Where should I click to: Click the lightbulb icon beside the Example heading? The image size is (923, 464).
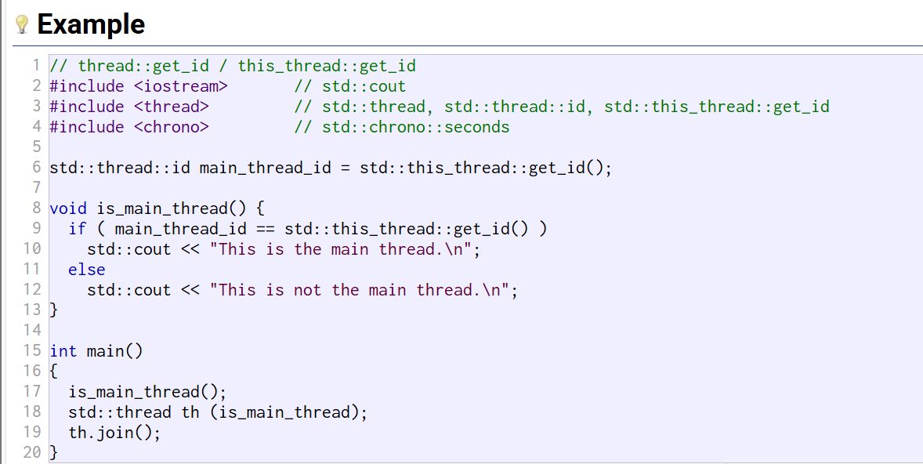22,25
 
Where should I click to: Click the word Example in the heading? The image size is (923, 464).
91,24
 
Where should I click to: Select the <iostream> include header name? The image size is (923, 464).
180,86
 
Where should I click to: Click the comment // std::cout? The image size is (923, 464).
350,86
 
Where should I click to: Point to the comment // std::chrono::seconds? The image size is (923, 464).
402,127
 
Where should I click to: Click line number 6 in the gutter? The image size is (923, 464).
37,168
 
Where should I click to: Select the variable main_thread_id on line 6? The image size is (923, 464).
265,168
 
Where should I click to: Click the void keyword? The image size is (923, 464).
67,208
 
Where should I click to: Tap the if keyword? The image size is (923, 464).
77,229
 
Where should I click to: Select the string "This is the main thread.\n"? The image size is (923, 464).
344,249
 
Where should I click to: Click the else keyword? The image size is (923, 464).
86,270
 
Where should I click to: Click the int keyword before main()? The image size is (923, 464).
63,351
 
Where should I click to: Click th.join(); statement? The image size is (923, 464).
114,433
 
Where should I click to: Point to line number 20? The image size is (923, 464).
32,453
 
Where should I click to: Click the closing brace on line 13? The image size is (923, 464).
53,310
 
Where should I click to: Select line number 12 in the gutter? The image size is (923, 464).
32,290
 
